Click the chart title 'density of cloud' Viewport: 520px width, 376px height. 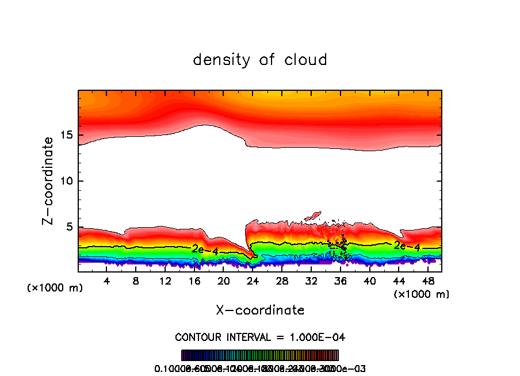coord(260,60)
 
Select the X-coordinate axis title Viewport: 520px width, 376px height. coord(260,310)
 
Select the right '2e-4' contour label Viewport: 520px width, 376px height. coord(406,247)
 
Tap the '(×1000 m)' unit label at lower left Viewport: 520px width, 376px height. coord(55,287)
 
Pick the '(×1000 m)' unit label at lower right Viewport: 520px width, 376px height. coord(421,294)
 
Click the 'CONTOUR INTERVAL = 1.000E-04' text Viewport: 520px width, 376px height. coord(260,337)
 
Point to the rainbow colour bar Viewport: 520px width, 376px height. coord(260,355)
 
